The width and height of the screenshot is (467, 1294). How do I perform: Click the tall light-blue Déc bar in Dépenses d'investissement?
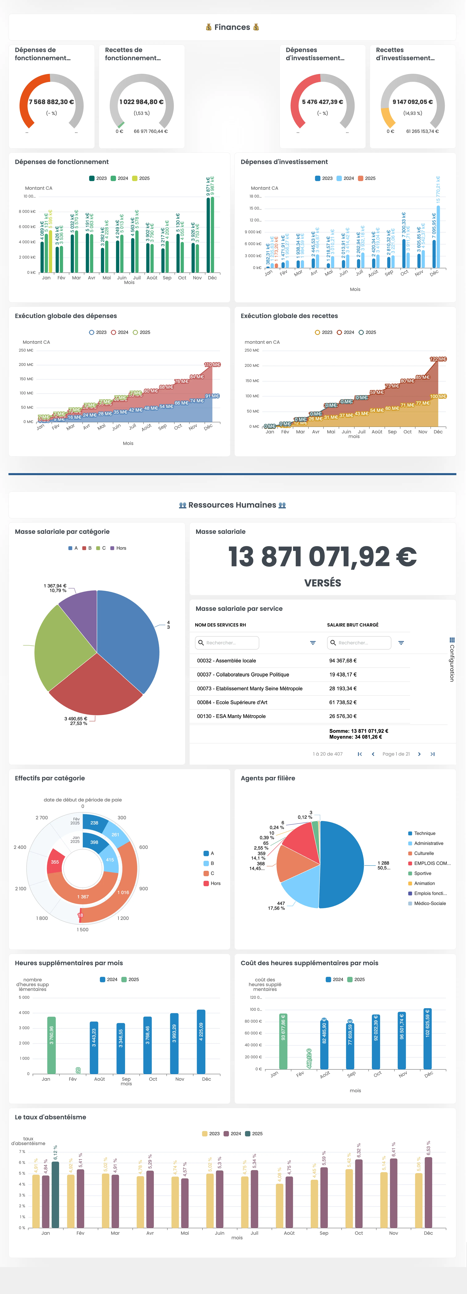pyautogui.click(x=438, y=236)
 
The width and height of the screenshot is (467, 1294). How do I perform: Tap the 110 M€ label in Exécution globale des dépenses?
pyautogui.click(x=212, y=365)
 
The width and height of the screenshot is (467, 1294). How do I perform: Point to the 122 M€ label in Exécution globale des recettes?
pyautogui.click(x=438, y=359)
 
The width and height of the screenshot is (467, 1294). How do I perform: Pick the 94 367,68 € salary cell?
pyautogui.click(x=343, y=661)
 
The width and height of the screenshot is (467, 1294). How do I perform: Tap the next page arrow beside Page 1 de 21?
pyautogui.click(x=419, y=754)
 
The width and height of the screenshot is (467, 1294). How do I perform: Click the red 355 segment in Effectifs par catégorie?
pyautogui.click(x=55, y=862)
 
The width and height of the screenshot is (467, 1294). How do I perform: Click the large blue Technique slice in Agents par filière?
pyautogui.click(x=342, y=864)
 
